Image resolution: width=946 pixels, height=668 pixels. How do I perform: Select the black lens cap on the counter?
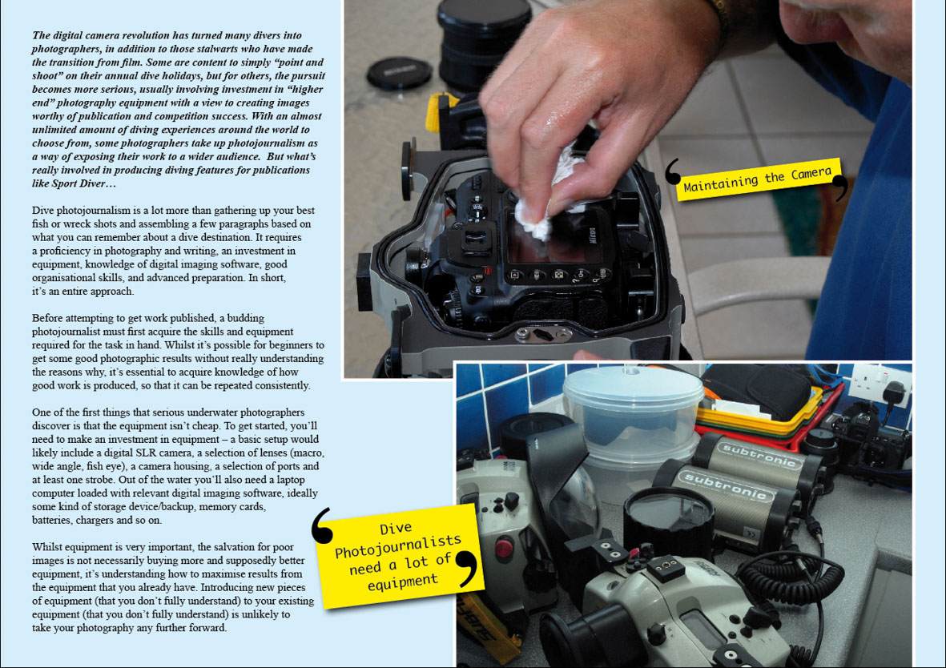point(399,73)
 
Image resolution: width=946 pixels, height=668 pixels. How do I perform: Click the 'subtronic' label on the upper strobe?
point(759,454)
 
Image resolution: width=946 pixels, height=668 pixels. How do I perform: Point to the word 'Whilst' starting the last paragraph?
point(48,547)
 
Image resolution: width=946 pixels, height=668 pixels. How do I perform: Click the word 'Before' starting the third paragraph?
point(48,318)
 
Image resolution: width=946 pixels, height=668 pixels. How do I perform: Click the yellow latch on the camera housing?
point(438,112)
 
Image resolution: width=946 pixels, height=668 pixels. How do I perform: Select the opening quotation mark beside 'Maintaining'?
point(672,171)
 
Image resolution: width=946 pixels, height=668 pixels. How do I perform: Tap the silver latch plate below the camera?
point(543,334)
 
